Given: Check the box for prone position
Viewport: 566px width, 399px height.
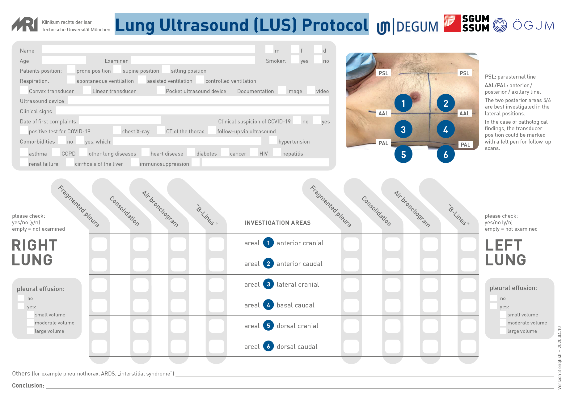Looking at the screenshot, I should tap(71, 70).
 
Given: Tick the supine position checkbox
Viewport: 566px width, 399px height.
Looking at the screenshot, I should tap(117, 70).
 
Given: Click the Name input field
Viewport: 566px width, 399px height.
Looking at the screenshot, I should tap(148, 49).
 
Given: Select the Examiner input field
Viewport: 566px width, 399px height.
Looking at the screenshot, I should tap(193, 60).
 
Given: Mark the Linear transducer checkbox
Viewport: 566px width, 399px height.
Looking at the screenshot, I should tap(87, 90).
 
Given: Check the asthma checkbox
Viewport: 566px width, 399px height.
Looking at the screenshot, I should tap(23, 152).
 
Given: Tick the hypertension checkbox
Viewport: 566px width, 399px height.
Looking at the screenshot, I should tap(273, 140).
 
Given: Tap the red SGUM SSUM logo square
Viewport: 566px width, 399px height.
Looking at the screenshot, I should tap(452, 23).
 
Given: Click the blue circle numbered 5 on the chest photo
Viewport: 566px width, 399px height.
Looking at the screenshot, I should tap(403, 154).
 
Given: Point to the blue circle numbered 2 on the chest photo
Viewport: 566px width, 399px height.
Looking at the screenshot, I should tap(446, 103).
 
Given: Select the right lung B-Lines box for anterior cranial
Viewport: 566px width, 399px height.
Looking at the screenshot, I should tap(216, 244).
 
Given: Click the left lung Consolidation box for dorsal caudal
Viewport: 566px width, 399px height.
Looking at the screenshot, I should tap(393, 347).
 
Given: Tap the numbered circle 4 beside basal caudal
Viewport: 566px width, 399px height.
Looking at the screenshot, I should tap(268, 305).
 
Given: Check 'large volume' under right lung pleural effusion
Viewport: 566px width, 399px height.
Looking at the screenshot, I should tap(30, 331).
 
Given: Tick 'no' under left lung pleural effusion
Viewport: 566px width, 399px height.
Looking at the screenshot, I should tap(494, 298).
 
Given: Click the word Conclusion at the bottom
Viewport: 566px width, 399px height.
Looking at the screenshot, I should tap(28, 385).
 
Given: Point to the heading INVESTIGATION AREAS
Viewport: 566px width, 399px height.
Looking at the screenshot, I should tap(277, 223).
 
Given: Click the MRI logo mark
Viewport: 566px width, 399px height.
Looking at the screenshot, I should tap(25, 24).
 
